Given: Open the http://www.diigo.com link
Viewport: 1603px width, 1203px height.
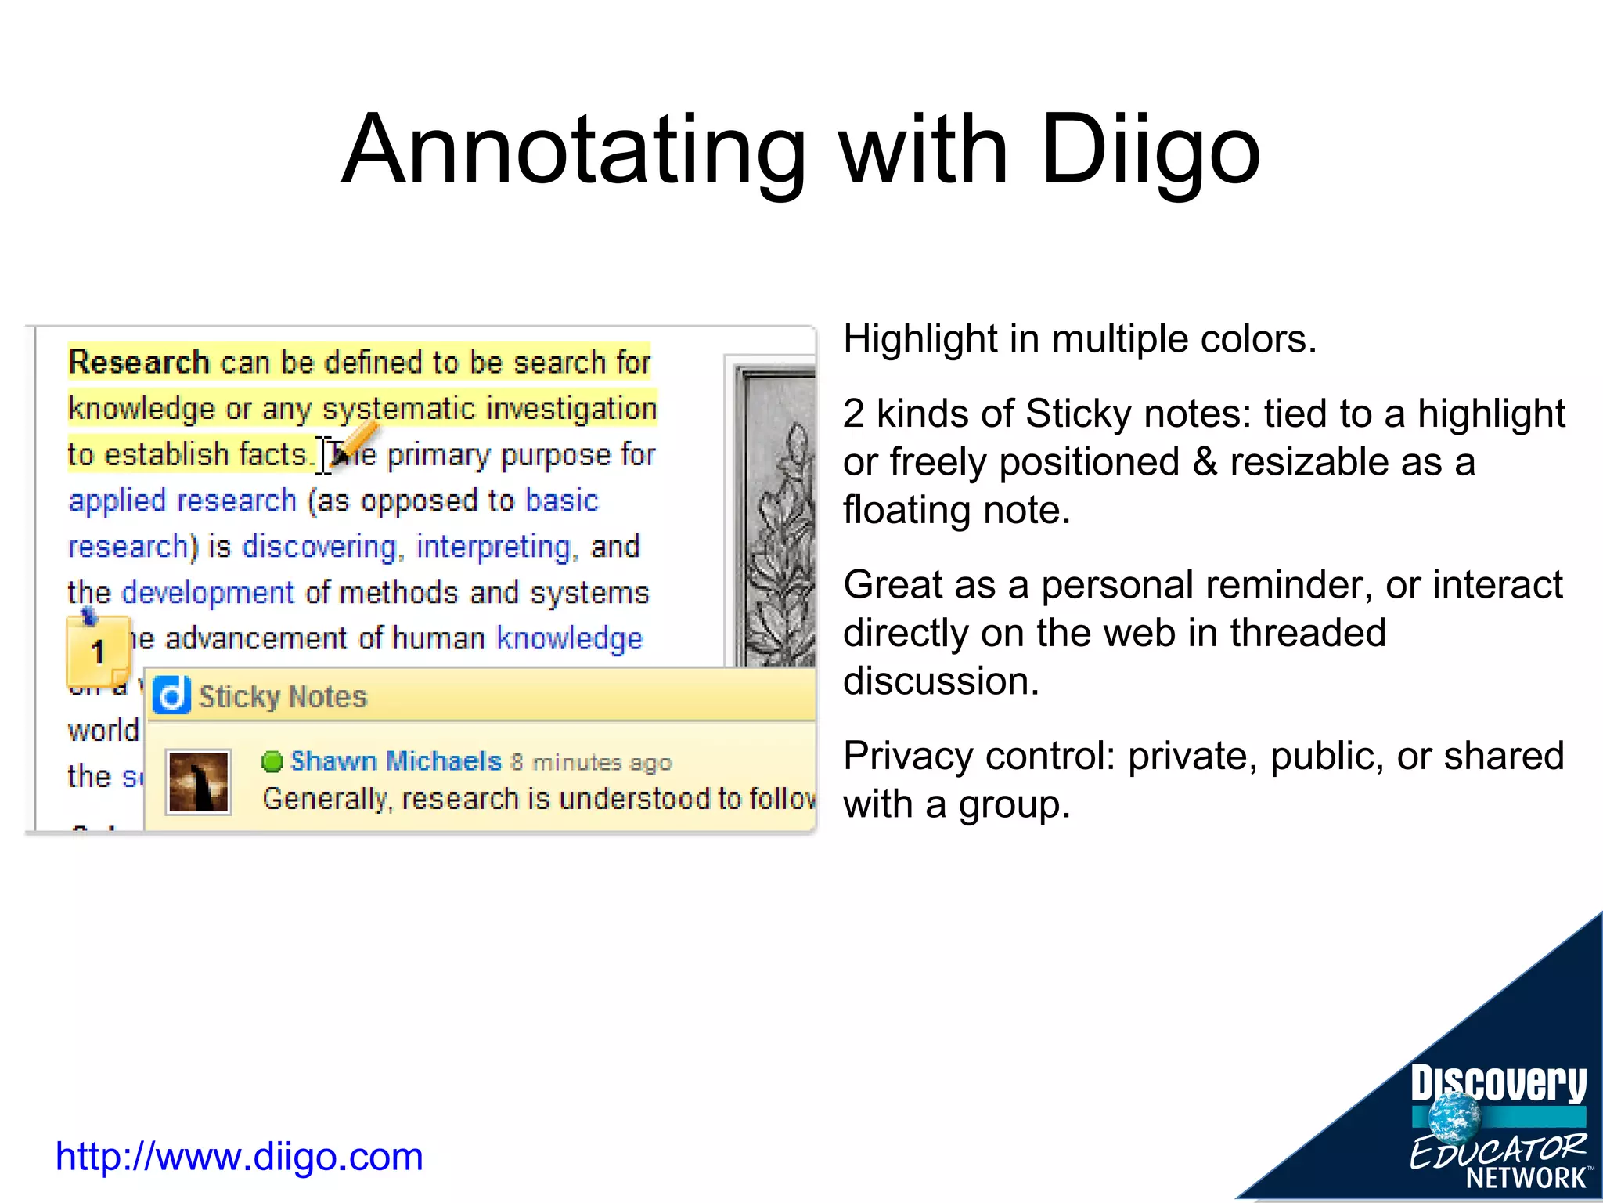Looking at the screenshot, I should pos(239,1157).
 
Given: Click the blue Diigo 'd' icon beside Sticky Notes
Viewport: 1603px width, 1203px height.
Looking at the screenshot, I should pos(171,695).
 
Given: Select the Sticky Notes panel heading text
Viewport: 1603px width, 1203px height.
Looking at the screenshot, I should pos(283,696).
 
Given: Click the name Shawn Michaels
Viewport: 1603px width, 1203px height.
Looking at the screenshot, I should pos(395,760).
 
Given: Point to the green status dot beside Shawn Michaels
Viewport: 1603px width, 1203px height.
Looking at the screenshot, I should pos(272,761).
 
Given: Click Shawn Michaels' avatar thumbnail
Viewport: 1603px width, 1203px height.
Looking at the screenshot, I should pos(199,782).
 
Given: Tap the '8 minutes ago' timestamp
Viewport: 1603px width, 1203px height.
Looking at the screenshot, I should pos(592,762).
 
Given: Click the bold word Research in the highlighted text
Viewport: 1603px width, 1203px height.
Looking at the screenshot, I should pos(139,363).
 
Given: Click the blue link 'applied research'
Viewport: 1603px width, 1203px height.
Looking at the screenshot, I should pos(182,500).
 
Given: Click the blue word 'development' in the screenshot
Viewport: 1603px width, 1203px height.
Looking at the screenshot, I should pos(207,593).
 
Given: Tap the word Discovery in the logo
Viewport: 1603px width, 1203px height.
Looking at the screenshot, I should pos(1498,1084).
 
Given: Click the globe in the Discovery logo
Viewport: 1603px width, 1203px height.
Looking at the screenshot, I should pos(1454,1118).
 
